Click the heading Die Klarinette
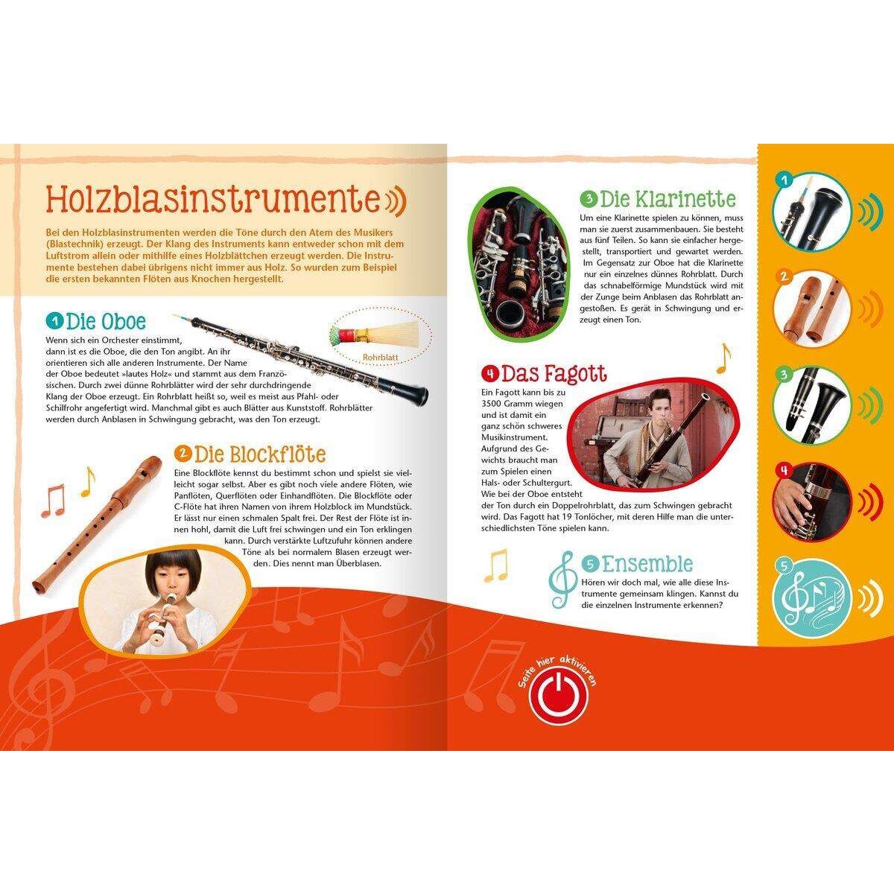click(668, 199)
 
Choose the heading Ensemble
click(647, 563)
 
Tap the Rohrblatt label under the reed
click(379, 357)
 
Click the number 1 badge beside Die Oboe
click(54, 322)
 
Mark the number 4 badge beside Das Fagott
click(489, 373)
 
